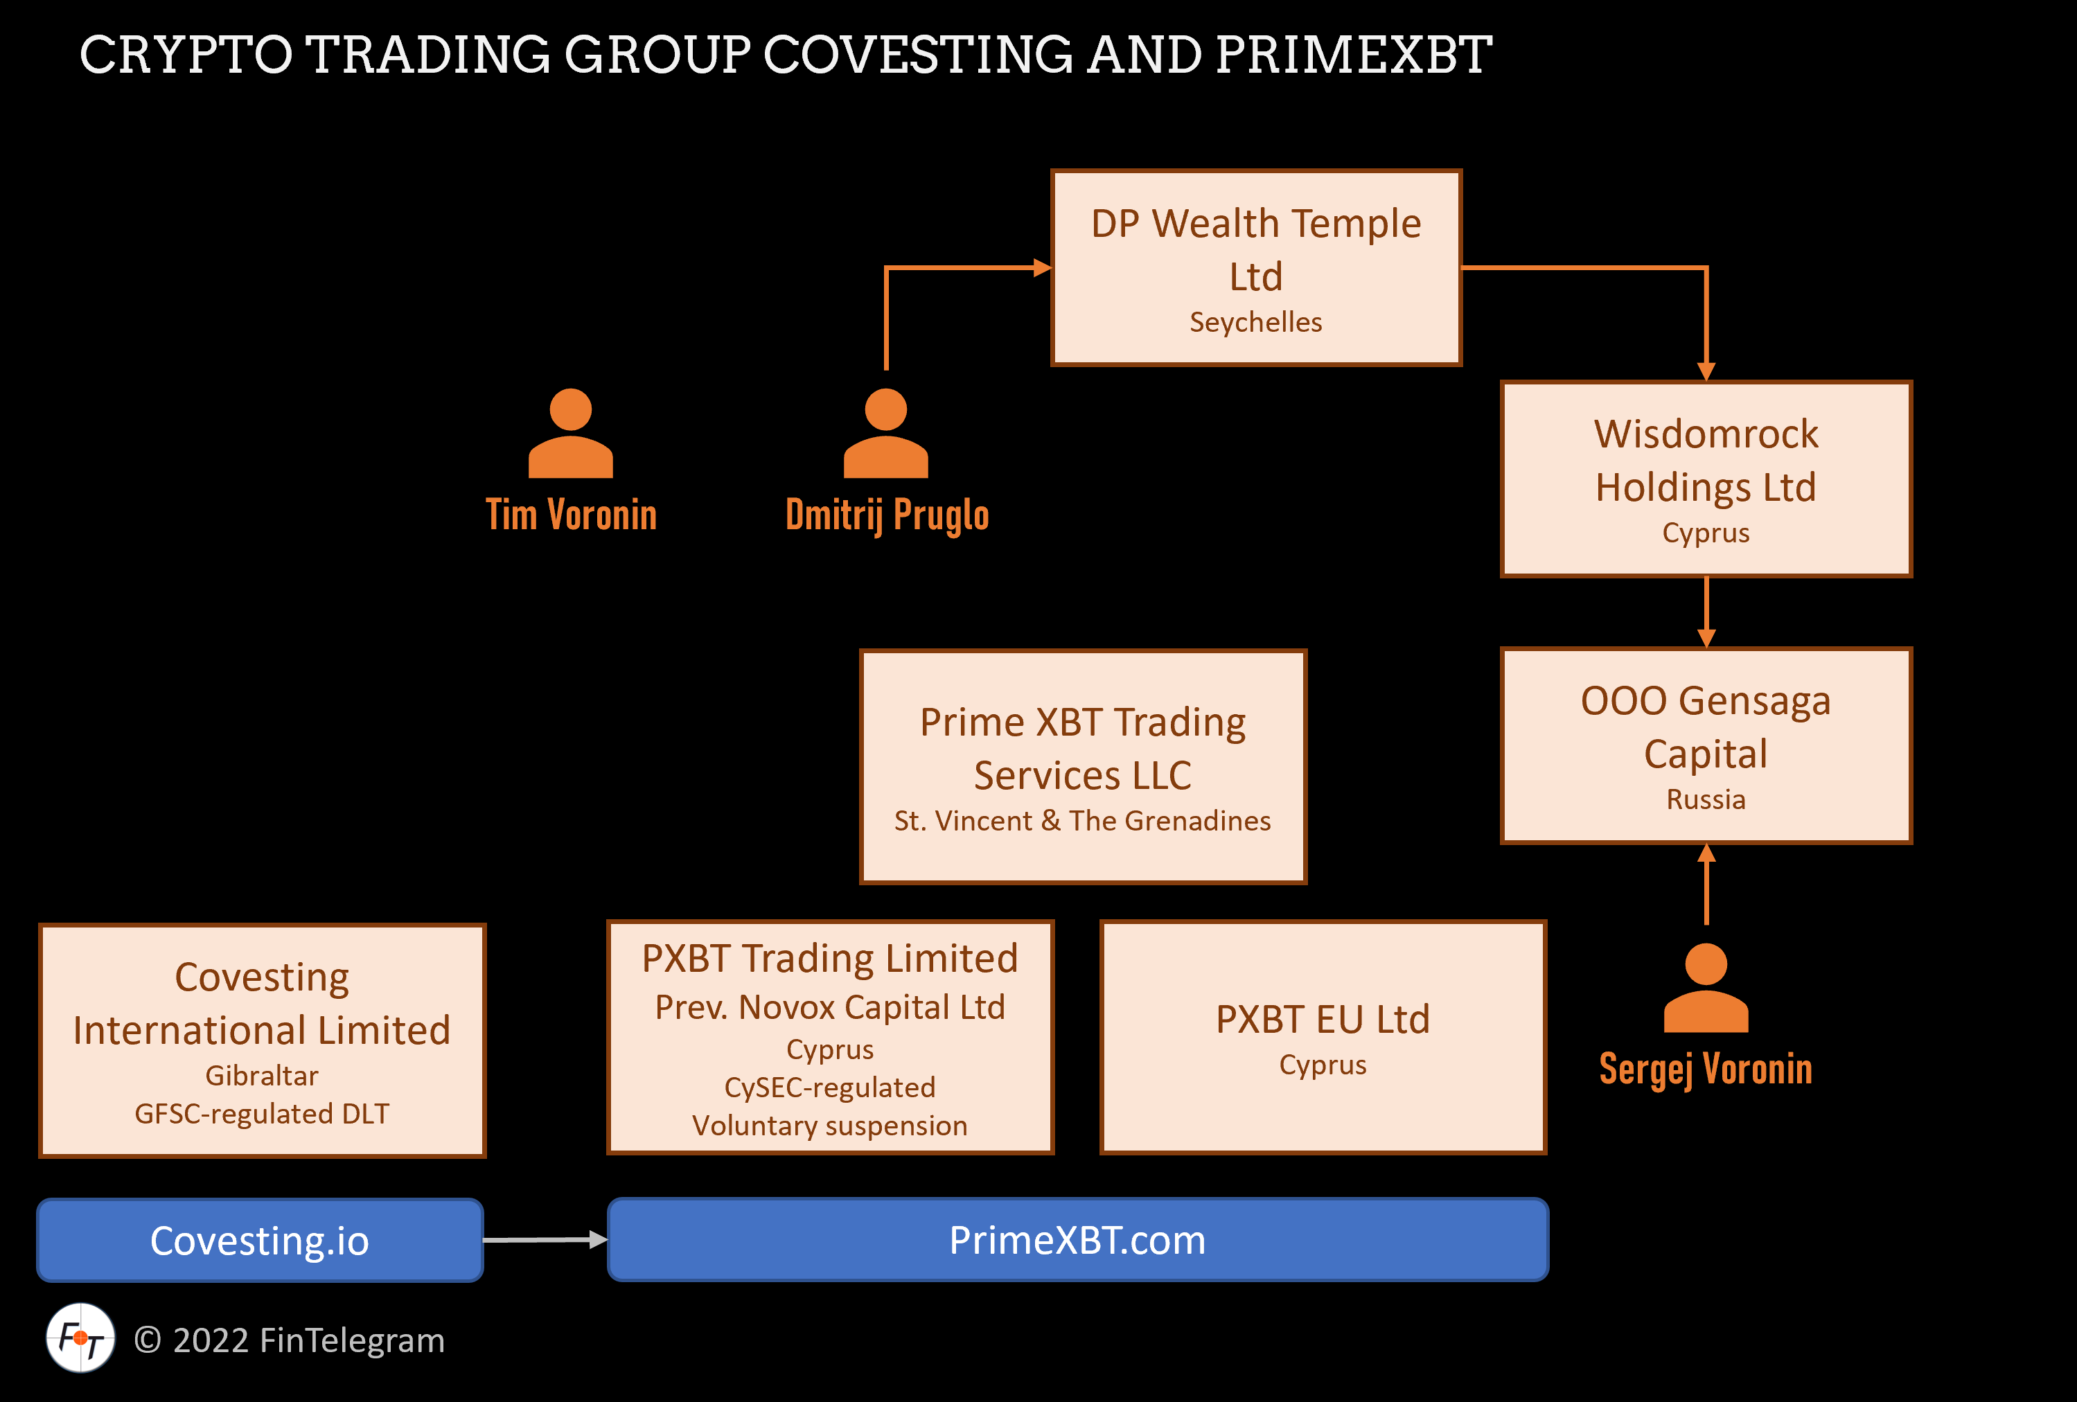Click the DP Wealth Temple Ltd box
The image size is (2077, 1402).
pos(1255,267)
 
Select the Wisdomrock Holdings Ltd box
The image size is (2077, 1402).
pos(1705,479)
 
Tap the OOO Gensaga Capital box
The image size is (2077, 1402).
pos(1705,745)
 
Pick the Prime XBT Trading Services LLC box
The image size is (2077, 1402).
pos(1082,767)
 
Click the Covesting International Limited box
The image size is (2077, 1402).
pos(262,1040)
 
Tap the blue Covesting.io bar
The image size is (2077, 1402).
pos(259,1241)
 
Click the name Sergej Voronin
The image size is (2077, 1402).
pos(1705,1069)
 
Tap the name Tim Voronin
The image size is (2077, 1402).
pos(570,515)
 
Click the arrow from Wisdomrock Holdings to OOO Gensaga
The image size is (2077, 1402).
pos(1706,612)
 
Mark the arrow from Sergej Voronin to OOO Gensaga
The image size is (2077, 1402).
pos(1706,884)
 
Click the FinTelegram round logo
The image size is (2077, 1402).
pos(80,1338)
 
